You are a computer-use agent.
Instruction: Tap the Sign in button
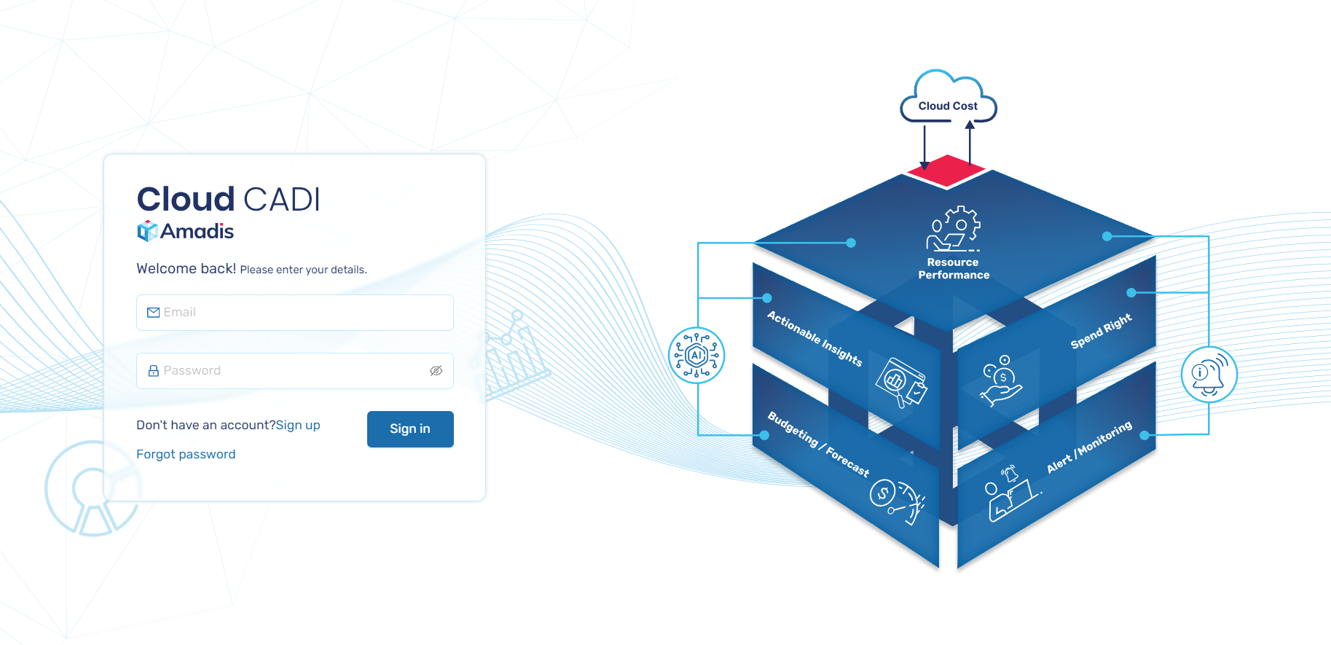(410, 429)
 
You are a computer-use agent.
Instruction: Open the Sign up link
(298, 425)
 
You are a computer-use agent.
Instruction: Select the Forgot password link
(186, 454)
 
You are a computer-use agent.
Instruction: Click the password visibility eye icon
(436, 371)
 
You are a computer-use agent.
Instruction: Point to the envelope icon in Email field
(153, 313)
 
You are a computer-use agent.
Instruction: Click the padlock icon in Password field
(153, 371)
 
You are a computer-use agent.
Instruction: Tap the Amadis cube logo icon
(147, 231)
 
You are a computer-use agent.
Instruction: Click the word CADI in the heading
(281, 200)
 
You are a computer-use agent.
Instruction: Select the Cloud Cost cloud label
(948, 106)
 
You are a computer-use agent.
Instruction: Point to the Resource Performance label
(954, 268)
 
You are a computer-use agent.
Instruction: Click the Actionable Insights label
(814, 338)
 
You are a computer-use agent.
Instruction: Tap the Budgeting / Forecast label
(818, 443)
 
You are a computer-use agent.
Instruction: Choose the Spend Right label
(1101, 331)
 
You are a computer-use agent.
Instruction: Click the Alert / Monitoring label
(1089, 447)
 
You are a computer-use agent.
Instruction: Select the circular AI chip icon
(696, 356)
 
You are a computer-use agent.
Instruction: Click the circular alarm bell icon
(1209, 375)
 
